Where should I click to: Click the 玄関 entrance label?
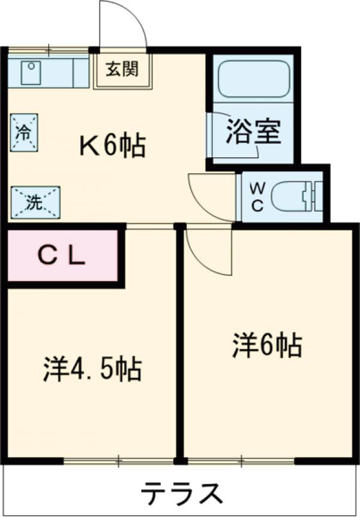pyautogui.click(x=122, y=70)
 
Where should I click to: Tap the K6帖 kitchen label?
pyautogui.click(x=113, y=145)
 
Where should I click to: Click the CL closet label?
pyautogui.click(x=62, y=256)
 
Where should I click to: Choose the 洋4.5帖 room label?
pyautogui.click(x=92, y=368)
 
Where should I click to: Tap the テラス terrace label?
pyautogui.click(x=181, y=494)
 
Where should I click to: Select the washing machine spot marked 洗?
pyautogui.click(x=34, y=201)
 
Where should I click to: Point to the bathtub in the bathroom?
pyautogui.click(x=254, y=80)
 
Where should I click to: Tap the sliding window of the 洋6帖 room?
pyautogui.click(x=241, y=461)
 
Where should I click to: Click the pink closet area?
pyautogui.click(x=62, y=264)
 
